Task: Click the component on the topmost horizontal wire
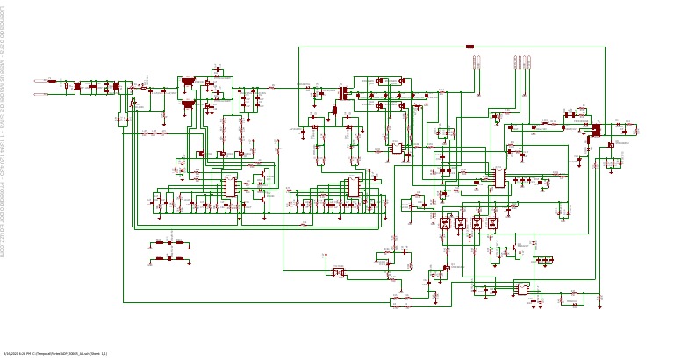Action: pos(470,47)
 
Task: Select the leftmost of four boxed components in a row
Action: pos(445,223)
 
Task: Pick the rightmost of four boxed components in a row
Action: pos(492,223)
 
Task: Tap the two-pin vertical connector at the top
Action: pos(477,62)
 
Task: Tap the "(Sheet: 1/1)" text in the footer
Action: pos(97,353)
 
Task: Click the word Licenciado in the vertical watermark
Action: pos(4,21)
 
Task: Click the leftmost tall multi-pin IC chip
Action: pos(230,186)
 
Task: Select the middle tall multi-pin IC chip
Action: pos(354,186)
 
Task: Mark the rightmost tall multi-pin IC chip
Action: pos(498,177)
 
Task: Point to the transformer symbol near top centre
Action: pos(341,92)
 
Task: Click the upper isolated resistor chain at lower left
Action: pos(170,242)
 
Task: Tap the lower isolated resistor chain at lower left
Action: pos(170,259)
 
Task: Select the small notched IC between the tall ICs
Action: pos(397,148)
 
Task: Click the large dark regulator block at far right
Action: pos(597,131)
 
